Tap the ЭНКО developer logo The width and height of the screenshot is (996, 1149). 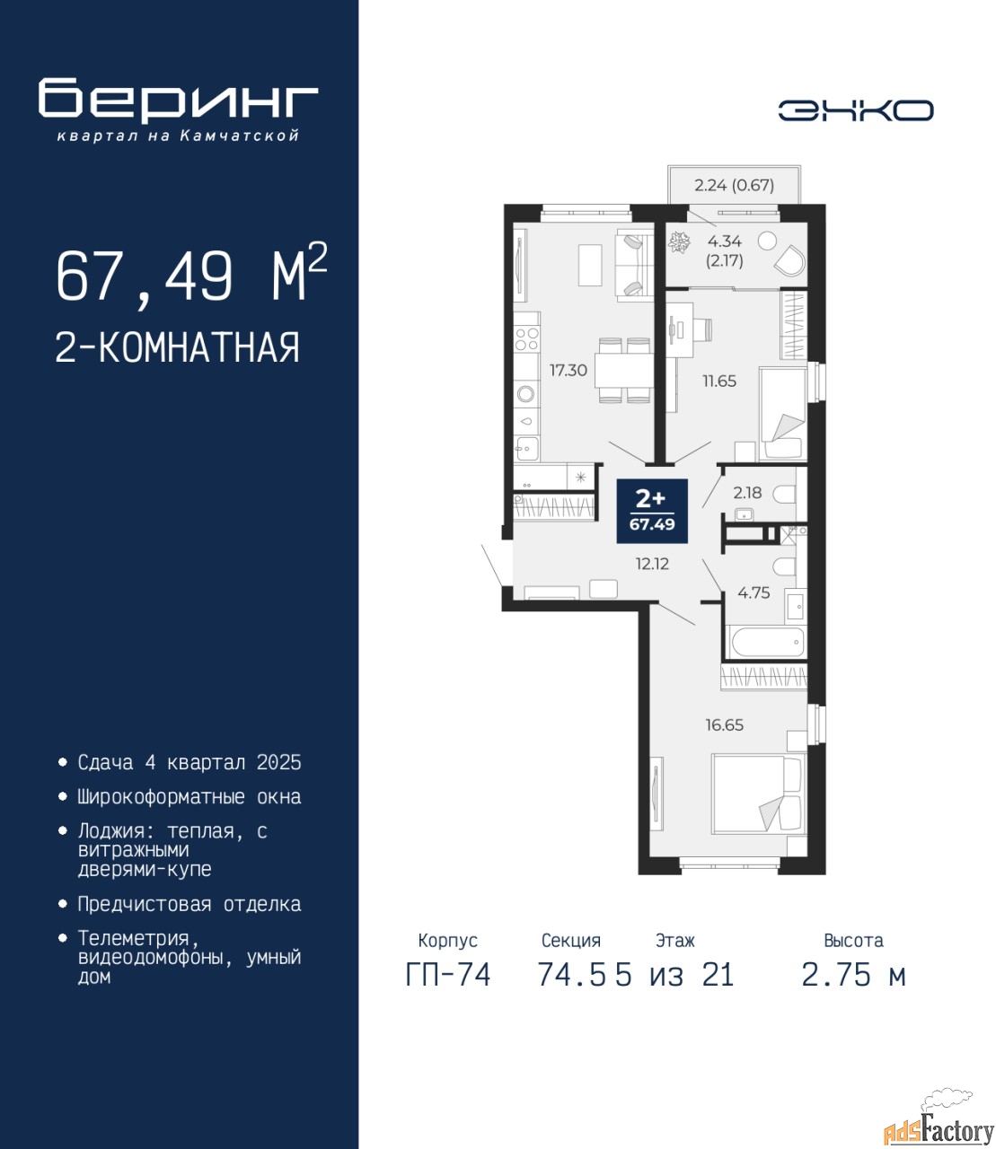pos(855,110)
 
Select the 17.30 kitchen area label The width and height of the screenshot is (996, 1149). pos(569,370)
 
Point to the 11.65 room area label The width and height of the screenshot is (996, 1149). pos(719,381)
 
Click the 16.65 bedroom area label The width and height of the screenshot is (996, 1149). pos(724,724)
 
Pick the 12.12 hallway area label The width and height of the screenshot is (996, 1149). pos(652,564)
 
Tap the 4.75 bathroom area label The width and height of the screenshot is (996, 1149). pos(754,592)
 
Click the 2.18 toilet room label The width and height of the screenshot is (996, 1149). pos(747,492)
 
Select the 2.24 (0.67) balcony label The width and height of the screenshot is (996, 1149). pos(734,185)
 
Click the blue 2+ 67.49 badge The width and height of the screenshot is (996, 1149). pos(652,510)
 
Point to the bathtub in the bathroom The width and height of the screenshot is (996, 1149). pos(768,643)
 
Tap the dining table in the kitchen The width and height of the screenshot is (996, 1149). pos(623,370)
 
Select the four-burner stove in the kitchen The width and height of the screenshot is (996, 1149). pos(526,338)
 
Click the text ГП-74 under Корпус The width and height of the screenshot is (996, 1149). pos(448,975)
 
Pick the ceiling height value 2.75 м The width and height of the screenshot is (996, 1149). pos(853,975)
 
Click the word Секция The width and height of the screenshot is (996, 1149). pos(571,940)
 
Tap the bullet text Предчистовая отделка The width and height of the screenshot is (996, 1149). pos(190,904)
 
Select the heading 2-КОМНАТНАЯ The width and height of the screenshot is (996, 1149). pos(178,347)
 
